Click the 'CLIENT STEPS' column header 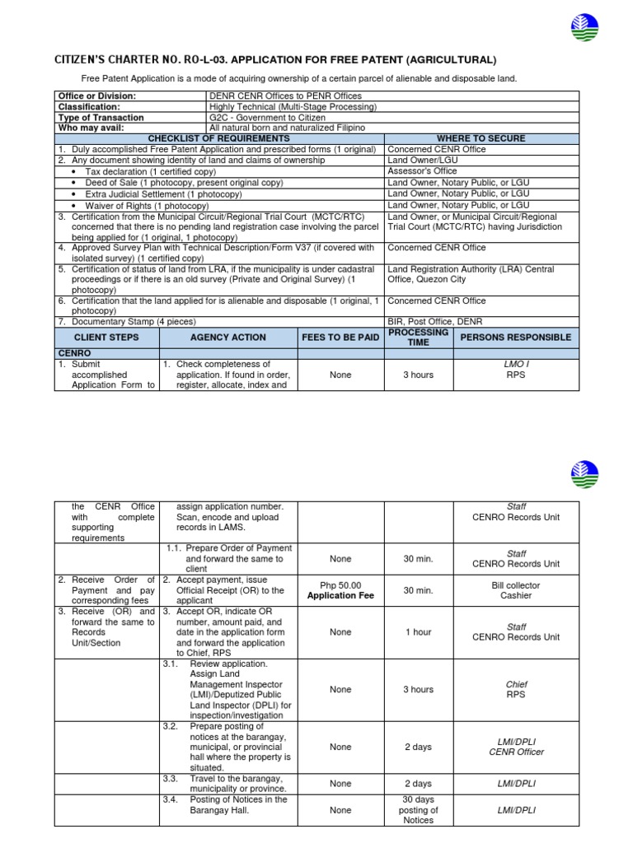click(106, 338)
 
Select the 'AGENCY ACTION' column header click(227, 338)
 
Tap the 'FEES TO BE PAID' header click(340, 338)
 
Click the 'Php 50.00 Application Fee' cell click(340, 590)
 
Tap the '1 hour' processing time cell click(418, 632)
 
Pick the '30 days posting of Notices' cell click(418, 810)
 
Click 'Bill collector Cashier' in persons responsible click(516, 590)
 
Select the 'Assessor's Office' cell click(422, 171)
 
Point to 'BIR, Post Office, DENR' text click(435, 322)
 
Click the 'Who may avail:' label click(91, 128)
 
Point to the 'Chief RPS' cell click(516, 689)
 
